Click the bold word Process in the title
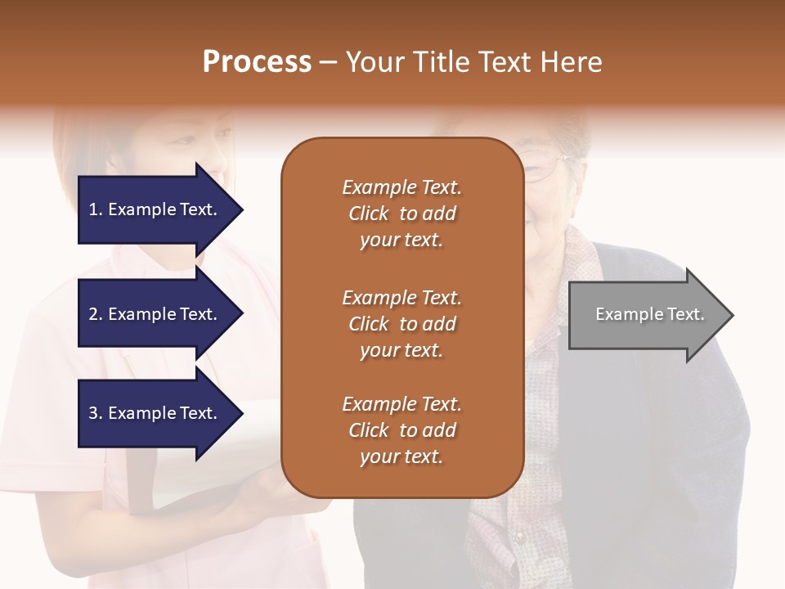point(257,62)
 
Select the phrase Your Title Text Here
point(473,62)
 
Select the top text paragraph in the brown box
point(401,214)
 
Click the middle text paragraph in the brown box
point(401,324)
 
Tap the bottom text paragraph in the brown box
point(401,430)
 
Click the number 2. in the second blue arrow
point(96,314)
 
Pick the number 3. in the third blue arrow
point(96,413)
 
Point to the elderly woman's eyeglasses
point(544,169)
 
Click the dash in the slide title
point(328,62)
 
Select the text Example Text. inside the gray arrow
point(650,314)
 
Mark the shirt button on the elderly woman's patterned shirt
point(517,537)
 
